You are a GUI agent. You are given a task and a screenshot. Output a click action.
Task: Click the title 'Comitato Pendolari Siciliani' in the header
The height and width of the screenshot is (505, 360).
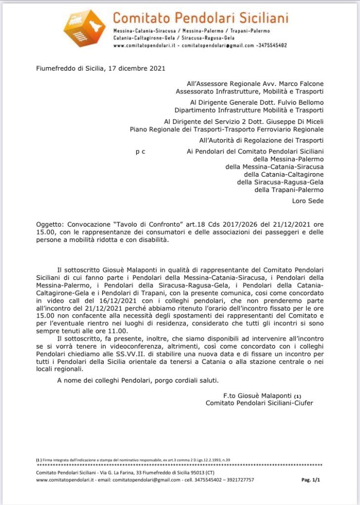point(200,18)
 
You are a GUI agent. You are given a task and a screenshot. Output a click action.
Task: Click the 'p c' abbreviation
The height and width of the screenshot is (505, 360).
point(140,152)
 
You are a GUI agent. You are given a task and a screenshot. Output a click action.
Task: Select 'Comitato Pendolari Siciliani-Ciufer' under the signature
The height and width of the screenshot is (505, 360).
point(259,403)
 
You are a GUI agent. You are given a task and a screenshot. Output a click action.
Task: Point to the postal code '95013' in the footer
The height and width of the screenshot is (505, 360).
point(185,472)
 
